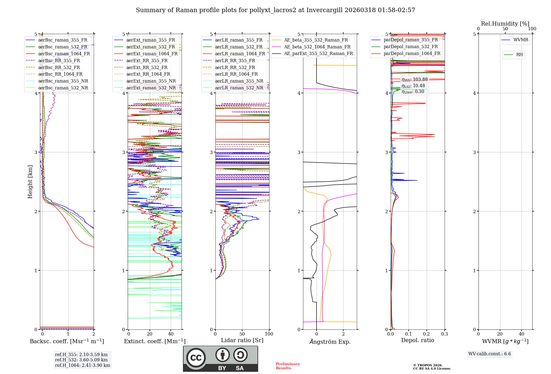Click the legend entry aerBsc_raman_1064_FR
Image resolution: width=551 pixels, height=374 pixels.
coord(64,54)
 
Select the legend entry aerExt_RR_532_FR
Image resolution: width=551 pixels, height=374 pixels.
coord(147,67)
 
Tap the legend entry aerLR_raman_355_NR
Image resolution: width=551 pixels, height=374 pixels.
coord(239,81)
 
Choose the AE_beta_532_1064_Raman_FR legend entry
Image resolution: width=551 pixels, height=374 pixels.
coord(317,47)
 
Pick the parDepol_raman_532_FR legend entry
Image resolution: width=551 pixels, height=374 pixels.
coord(410,46)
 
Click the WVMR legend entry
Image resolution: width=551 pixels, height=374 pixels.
coord(521,40)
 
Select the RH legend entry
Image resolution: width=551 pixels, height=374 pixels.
coord(519,54)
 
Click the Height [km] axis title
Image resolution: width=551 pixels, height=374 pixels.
coord(30,182)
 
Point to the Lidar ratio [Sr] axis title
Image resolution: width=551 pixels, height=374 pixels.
coord(242,340)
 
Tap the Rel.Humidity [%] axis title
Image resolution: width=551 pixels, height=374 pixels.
coord(505,24)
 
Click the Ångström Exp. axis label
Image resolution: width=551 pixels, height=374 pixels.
coord(330,342)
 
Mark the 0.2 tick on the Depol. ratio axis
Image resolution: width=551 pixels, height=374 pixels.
coord(426,334)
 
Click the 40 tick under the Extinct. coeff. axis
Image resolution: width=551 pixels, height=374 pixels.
coord(171,334)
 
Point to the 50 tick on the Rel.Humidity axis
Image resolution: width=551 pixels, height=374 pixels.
coord(505,29)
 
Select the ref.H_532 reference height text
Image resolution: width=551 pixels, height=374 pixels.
coord(81,360)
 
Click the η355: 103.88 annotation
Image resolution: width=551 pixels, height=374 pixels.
coord(414,79)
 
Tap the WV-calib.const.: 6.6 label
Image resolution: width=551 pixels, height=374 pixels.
coord(489,354)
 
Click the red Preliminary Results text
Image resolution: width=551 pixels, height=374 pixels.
coord(288,366)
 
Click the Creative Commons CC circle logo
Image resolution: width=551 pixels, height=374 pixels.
coord(196,358)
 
